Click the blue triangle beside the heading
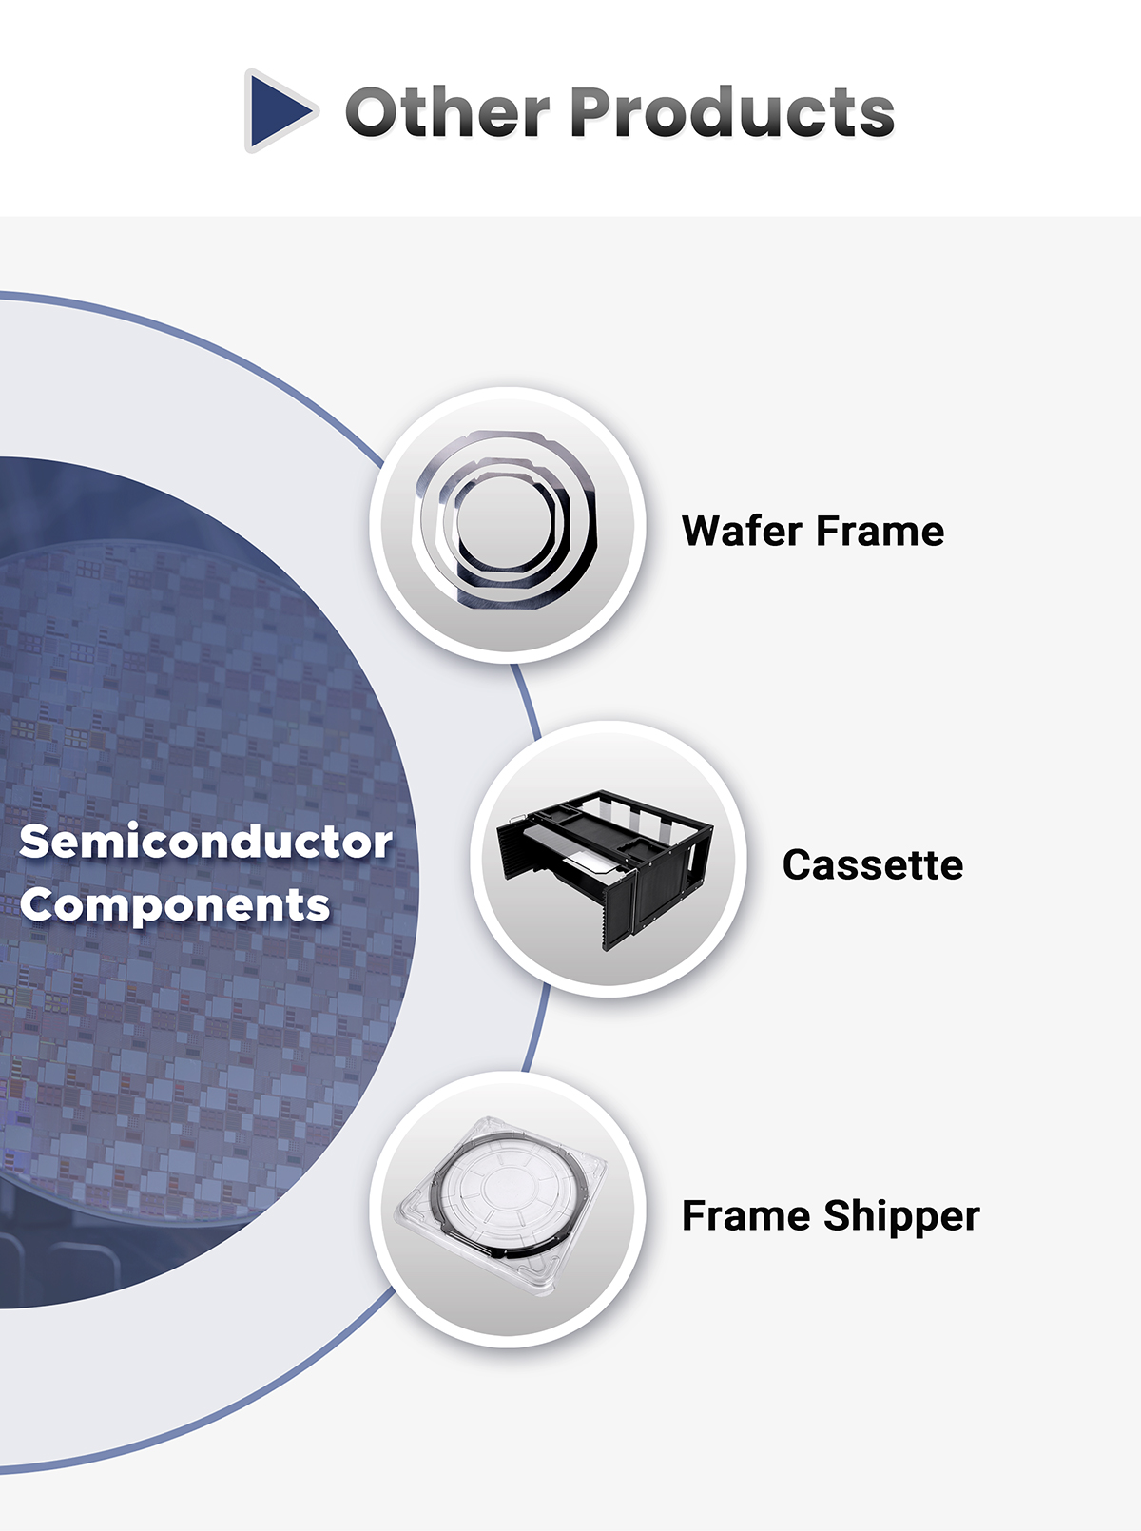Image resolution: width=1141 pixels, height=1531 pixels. (x=279, y=111)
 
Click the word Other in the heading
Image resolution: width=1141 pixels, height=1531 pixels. (x=447, y=111)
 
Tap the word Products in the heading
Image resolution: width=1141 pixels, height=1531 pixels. (x=732, y=111)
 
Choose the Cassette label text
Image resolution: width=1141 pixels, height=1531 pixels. (x=873, y=865)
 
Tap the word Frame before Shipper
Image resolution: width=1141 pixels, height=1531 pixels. (x=746, y=1215)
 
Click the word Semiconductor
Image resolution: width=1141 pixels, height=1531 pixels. (x=205, y=842)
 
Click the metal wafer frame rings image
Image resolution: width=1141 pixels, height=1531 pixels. (x=506, y=519)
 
